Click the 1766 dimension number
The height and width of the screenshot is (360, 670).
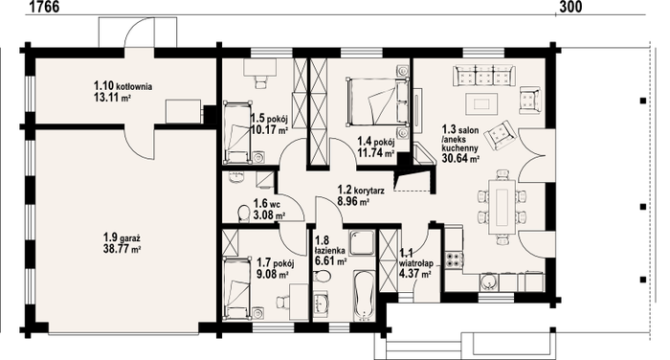pyautogui.click(x=45, y=7)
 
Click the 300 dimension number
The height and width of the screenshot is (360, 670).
pyautogui.click(x=569, y=7)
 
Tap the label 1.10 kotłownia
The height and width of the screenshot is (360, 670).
pyautogui.click(x=123, y=86)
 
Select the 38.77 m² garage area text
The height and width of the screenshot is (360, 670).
pyautogui.click(x=123, y=249)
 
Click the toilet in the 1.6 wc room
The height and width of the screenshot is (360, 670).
pyautogui.click(x=243, y=214)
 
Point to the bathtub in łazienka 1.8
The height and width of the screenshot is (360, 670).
pyautogui.click(x=364, y=296)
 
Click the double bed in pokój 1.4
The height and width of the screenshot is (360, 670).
pyautogui.click(x=377, y=101)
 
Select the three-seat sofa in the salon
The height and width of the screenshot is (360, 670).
pyautogui.click(x=484, y=76)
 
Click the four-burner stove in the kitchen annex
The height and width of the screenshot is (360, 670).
pyautogui.click(x=455, y=259)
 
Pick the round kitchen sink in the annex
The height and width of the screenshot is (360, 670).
pyautogui.click(x=487, y=282)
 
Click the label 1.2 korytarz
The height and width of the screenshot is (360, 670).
pyautogui.click(x=361, y=190)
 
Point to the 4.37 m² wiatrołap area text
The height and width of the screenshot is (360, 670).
pyautogui.click(x=414, y=275)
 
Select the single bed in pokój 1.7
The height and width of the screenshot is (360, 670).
pyautogui.click(x=237, y=288)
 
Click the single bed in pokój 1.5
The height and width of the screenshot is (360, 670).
pyautogui.click(x=237, y=132)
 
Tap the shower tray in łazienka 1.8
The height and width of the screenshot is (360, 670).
pyautogui.click(x=362, y=243)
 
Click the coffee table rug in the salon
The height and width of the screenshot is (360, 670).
pyautogui.click(x=482, y=104)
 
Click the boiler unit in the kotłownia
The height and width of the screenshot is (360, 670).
pyautogui.click(x=183, y=112)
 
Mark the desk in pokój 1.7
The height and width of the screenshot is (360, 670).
pyautogui.click(x=300, y=302)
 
